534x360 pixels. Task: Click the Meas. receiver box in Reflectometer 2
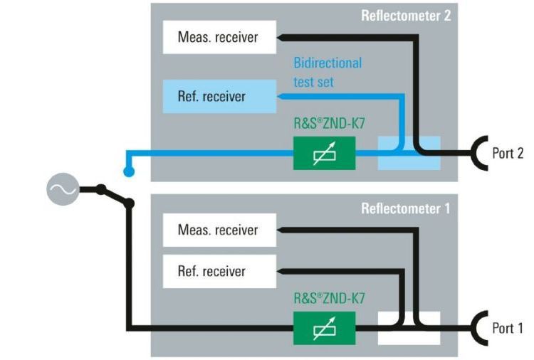218,36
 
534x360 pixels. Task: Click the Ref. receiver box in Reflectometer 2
218,96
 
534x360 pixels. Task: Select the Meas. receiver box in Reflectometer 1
218,230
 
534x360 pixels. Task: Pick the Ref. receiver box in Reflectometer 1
218,271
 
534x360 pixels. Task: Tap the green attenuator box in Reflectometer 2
324,152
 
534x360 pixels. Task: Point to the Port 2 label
508,152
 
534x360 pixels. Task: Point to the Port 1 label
508,328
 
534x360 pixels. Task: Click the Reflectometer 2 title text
406,15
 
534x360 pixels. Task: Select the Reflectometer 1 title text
406,209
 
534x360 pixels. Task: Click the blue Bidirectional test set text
328,72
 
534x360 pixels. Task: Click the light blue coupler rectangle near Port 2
409,152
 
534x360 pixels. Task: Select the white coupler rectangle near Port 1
409,328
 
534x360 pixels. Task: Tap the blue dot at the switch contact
128,171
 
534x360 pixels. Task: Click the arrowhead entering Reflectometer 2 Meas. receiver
281,36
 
